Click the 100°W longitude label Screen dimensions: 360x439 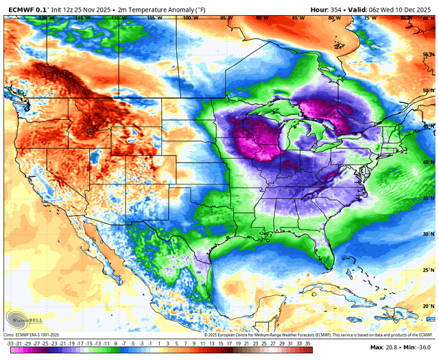point(186,18)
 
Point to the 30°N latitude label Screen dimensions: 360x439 point(428,235)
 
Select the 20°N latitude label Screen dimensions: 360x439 point(428,306)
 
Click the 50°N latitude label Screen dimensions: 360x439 point(428,90)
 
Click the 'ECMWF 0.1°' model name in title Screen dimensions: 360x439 point(31,8)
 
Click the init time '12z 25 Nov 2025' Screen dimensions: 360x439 point(91,8)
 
